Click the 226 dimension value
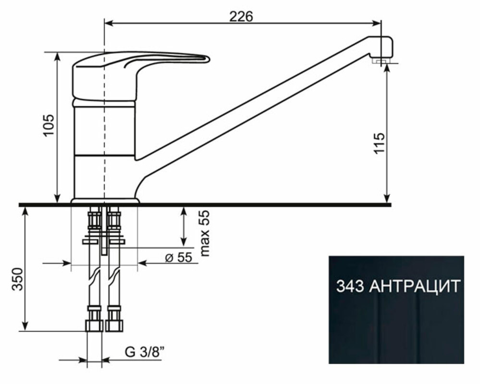pos(241,16)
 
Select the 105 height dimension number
pos(49,125)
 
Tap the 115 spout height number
pos(379,144)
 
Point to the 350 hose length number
pos(18,279)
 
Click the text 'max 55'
pos(205,233)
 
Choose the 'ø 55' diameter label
pos(179,257)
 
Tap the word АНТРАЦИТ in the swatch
pos(415,287)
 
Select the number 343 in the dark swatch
pos(350,287)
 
